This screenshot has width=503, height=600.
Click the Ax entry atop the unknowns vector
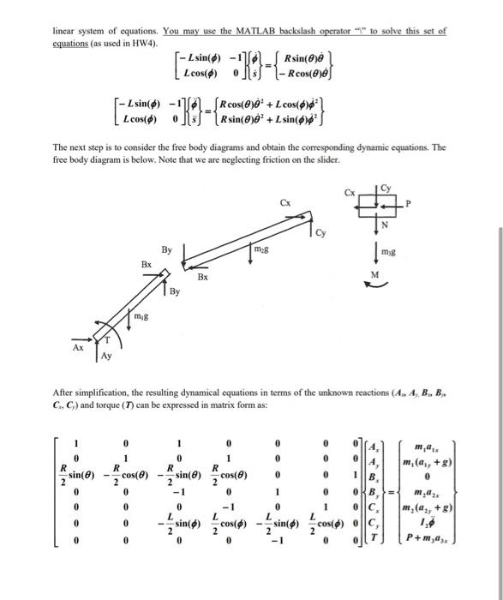coord(372,446)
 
